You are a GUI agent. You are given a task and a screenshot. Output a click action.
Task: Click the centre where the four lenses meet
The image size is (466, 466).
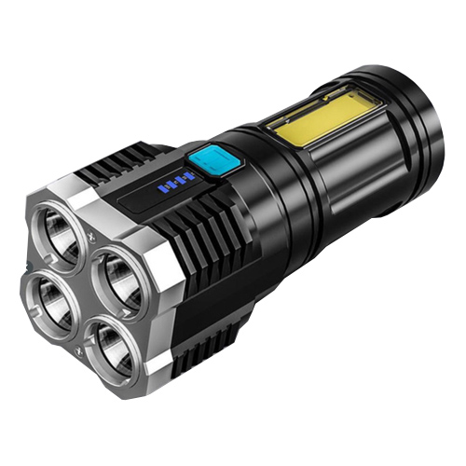click(x=83, y=290)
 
